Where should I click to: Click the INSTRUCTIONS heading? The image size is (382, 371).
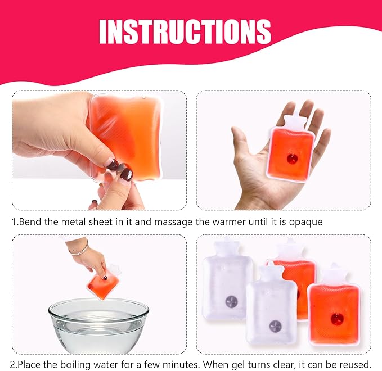coord(185,31)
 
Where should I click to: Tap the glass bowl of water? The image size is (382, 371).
coord(98,325)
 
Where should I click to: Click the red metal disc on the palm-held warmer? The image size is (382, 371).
coord(292,159)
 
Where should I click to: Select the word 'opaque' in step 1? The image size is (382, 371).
coord(305,222)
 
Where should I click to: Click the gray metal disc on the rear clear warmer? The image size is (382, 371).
coord(231,301)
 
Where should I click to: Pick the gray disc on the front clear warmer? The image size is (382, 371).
coord(275,325)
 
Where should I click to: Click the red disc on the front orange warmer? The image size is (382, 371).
coord(337,318)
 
